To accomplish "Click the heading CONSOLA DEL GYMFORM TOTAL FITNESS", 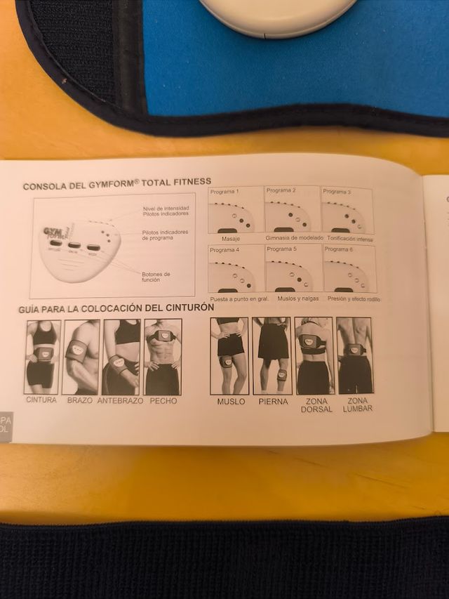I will [x=116, y=185].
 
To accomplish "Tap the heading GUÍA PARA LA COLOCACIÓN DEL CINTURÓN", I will [x=116, y=308].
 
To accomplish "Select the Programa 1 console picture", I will [x=235, y=211].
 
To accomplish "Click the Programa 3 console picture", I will [x=347, y=211].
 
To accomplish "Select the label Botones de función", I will [x=156, y=277].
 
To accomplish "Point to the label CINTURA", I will [x=41, y=400].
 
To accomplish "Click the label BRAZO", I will [x=80, y=400].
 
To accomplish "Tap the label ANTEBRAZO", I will [x=120, y=400].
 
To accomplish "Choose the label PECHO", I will [x=163, y=400].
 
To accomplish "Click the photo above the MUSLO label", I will [x=229, y=355].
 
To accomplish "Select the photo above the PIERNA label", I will [x=272, y=355].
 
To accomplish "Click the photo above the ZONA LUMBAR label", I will [x=354, y=355].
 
